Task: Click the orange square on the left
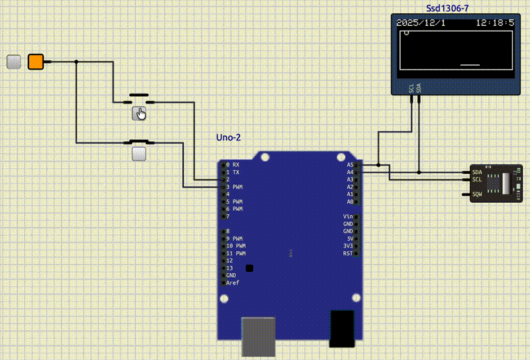[35, 62]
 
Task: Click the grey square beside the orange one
[13, 62]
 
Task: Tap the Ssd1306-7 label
[452, 8]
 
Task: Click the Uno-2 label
[229, 138]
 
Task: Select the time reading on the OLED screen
[495, 23]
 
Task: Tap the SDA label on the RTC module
[477, 172]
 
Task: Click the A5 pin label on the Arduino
[350, 164]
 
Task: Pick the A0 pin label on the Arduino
[350, 202]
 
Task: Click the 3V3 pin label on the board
[348, 246]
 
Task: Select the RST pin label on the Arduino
[348, 253]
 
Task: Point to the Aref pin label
[233, 283]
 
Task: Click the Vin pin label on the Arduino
[348, 217]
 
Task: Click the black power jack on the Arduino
[343, 329]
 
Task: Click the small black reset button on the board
[250, 268]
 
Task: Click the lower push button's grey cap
[139, 154]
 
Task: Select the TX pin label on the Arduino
[236, 172]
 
